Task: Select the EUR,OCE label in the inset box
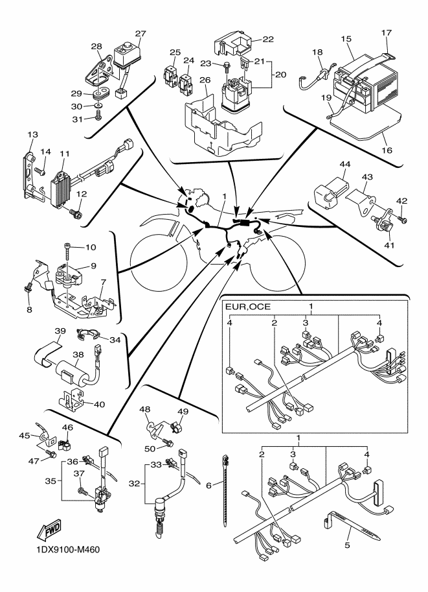[x=249, y=305]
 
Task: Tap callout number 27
[x=141, y=33]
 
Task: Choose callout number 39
[x=60, y=331]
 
